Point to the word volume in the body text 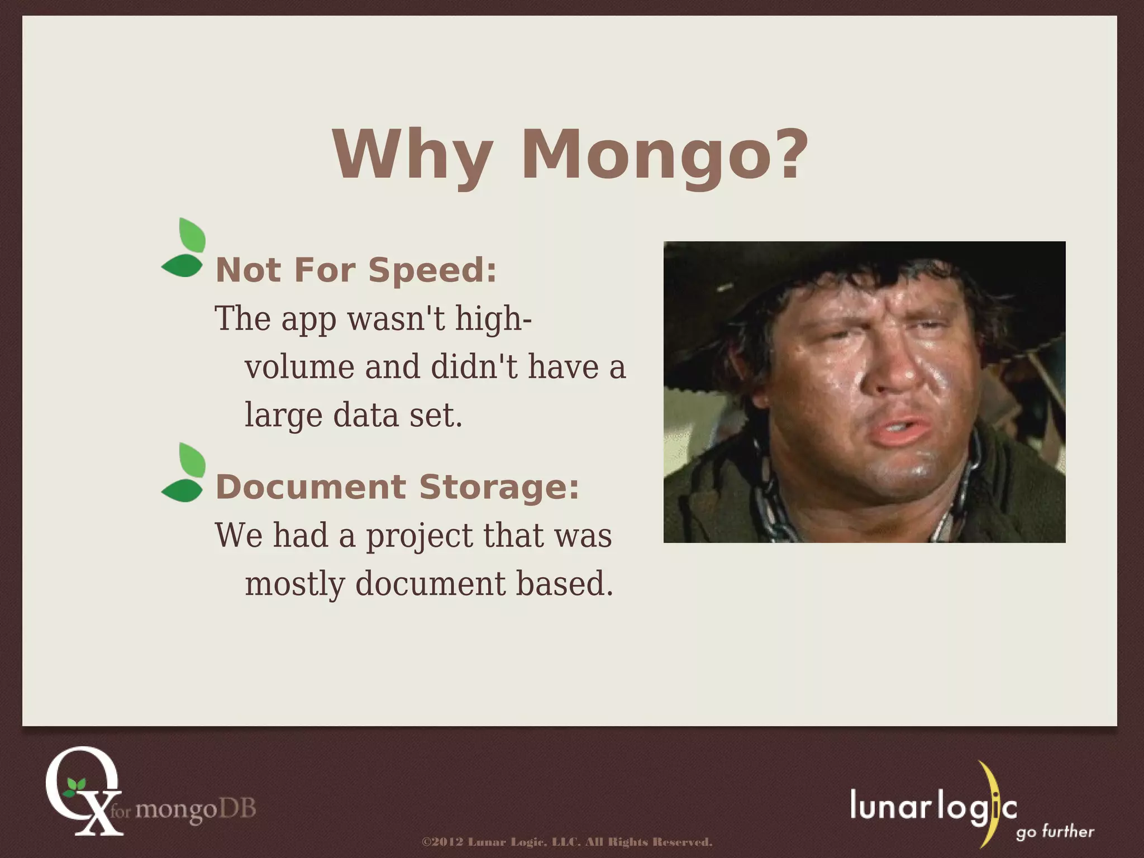click(x=300, y=368)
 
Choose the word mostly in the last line click(x=294, y=584)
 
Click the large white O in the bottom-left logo click(x=78, y=782)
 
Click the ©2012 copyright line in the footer click(x=567, y=842)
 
